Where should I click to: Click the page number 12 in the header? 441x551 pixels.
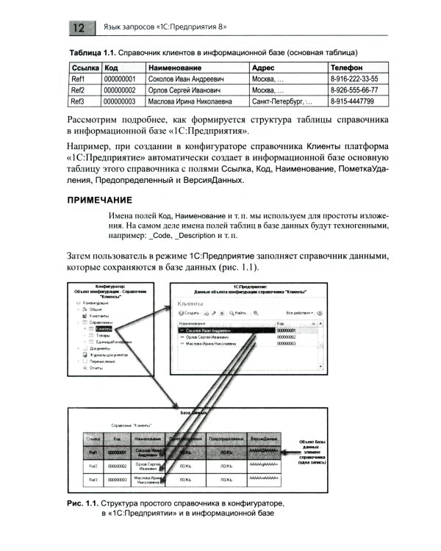[80, 28]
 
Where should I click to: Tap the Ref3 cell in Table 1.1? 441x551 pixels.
[79, 101]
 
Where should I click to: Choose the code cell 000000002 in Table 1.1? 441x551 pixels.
[121, 90]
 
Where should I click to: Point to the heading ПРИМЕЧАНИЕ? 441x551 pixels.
[99, 200]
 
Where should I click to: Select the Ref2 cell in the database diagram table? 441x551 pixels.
[93, 466]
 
